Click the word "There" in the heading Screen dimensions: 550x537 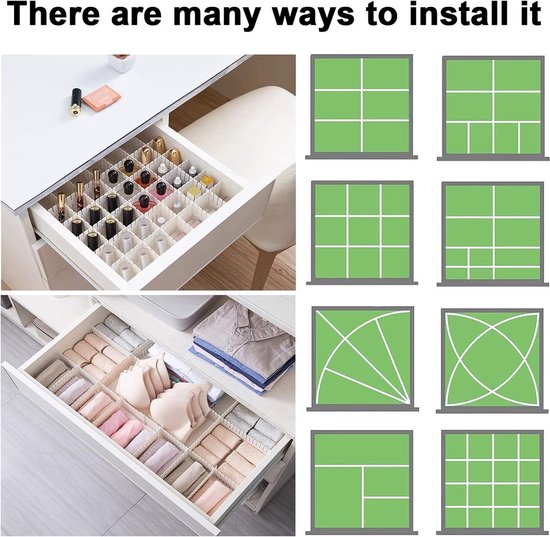pos(54,13)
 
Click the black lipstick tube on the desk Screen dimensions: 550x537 pos(76,101)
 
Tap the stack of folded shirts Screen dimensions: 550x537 pos(242,347)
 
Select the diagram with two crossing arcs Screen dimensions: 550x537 pos(492,360)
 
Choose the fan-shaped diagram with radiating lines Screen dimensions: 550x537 pos(362,358)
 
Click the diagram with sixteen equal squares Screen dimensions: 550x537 pos(492,482)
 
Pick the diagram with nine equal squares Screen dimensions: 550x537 pos(362,233)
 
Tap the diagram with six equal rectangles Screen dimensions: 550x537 pos(362,106)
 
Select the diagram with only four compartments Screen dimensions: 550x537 pos(362,482)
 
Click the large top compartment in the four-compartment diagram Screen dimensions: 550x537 pos(362,449)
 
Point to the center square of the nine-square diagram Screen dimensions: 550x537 pos(363,231)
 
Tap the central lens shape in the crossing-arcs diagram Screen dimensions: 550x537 pos(492,359)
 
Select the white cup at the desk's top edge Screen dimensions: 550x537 pos(121,63)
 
